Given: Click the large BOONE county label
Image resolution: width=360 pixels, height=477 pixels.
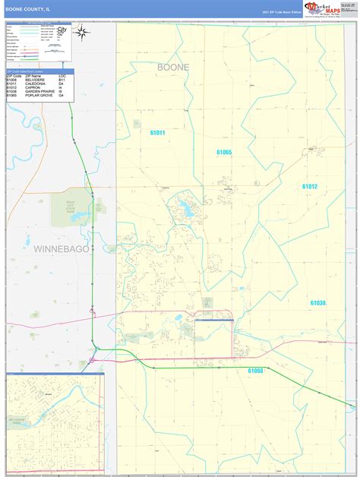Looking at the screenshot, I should click(173, 68).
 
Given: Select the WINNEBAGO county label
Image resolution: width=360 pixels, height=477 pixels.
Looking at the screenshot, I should click(62, 248).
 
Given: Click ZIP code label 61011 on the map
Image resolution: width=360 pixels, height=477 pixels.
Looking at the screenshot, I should click(157, 133).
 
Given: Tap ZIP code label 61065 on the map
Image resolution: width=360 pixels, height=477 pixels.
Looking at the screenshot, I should click(223, 153).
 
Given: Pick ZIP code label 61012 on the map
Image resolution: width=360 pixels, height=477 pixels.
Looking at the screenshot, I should click(309, 186).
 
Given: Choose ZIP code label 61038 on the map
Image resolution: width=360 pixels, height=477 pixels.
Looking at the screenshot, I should click(317, 302).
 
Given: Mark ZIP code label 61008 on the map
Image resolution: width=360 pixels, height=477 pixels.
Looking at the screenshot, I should click(256, 371).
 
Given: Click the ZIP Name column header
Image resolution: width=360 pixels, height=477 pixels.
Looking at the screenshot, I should click(33, 76).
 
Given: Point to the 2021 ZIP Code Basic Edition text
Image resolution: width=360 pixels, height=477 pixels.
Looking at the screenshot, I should click(281, 13).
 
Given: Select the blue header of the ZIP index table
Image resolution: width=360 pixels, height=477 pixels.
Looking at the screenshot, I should click(37, 70).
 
